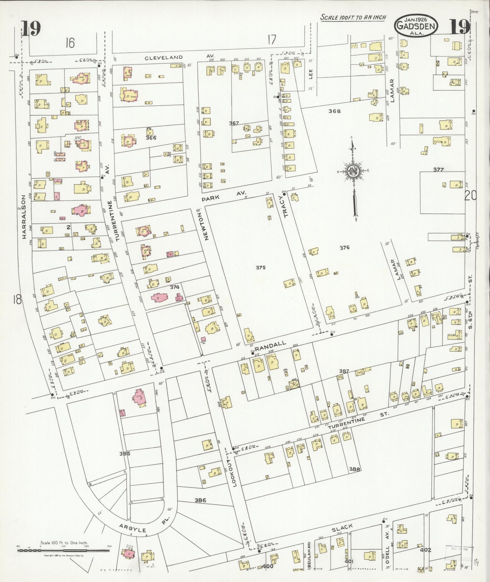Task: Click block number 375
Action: [x=260, y=268]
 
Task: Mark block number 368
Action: [x=334, y=111]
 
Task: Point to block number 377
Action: [x=438, y=170]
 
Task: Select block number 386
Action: [x=200, y=500]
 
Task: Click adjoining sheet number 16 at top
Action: [x=70, y=43]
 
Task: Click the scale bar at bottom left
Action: [x=63, y=550]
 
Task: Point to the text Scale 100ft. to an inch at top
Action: [x=353, y=17]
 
